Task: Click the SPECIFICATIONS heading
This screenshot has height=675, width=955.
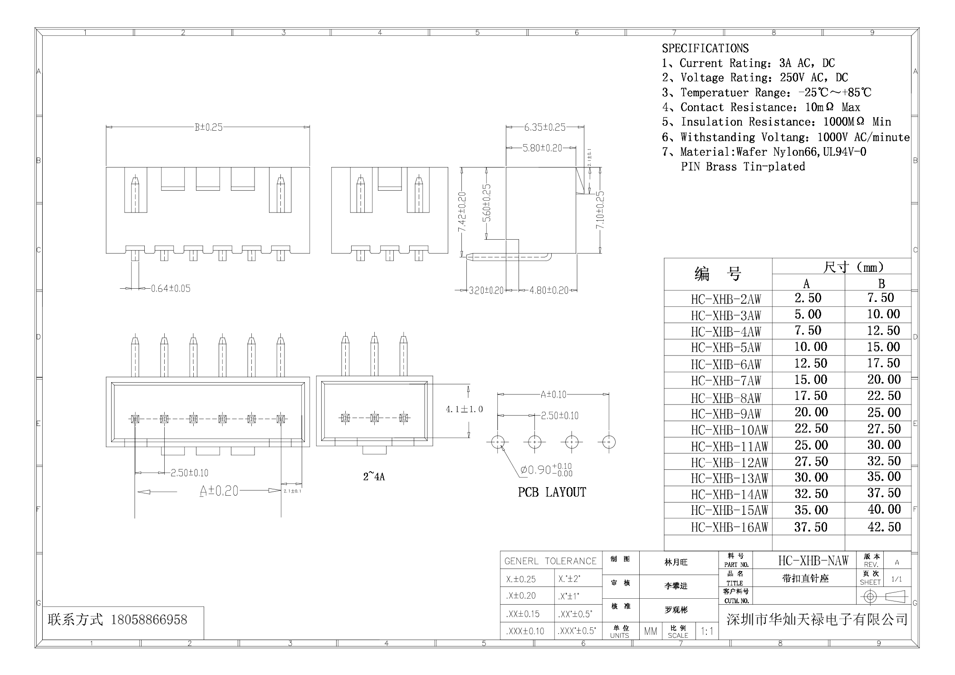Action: coord(705,48)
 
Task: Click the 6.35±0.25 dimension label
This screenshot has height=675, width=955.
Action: coord(544,128)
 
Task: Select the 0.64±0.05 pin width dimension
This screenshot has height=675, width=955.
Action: coord(170,289)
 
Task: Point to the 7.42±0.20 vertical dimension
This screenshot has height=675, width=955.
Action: coord(462,212)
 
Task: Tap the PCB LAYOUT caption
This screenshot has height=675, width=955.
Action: coord(552,493)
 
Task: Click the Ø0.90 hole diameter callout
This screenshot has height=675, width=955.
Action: coord(546,470)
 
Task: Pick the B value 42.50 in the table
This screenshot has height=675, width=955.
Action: coord(884,527)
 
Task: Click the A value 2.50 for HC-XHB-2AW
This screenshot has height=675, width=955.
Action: coord(808,298)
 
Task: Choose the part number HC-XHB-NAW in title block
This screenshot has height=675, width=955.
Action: coord(813,561)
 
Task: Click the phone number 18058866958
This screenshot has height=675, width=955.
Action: coord(149,620)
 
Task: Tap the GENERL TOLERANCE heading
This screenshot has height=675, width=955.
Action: coord(550,562)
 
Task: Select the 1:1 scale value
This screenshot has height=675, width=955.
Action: coord(706,631)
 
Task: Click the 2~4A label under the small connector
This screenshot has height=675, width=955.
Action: coord(373,477)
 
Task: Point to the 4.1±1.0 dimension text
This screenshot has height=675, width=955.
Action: coord(464,409)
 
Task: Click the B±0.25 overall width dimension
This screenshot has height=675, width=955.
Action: coord(209,128)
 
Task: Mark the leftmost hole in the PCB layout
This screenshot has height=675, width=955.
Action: coord(498,442)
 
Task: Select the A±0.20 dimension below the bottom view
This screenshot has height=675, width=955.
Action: coord(219,491)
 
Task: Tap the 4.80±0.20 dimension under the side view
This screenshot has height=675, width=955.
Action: coord(549,291)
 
